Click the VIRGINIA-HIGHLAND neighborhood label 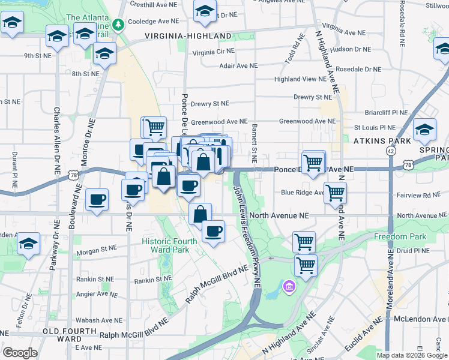pyautogui.click(x=188, y=36)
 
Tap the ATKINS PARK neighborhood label pyautogui.click(x=382, y=140)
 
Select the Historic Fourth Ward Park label pyautogui.click(x=169, y=245)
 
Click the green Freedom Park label pyautogui.click(x=400, y=236)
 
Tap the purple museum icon pyautogui.click(x=289, y=288)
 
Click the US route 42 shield pyautogui.click(x=391, y=152)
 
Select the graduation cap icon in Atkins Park pyautogui.click(x=424, y=130)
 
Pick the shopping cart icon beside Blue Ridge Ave pyautogui.click(x=335, y=192)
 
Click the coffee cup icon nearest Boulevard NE pyautogui.click(x=96, y=200)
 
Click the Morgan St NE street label pyautogui.click(x=96, y=248)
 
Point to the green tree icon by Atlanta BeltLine pyautogui.click(x=119, y=24)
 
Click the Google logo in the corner pyautogui.click(x=20, y=353)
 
